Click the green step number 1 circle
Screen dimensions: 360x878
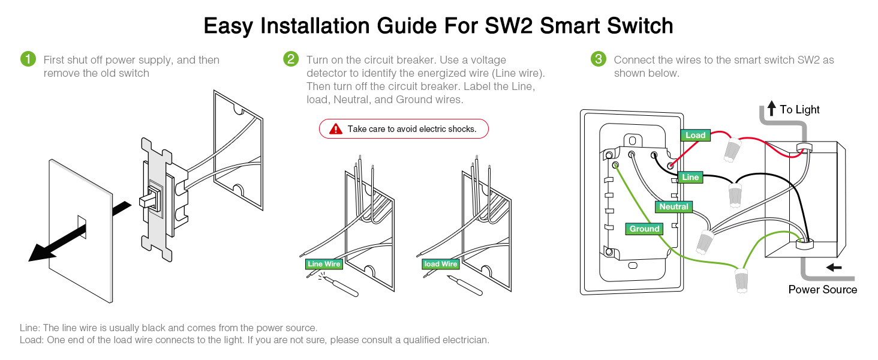click(x=28, y=59)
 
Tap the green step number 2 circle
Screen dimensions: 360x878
click(x=291, y=59)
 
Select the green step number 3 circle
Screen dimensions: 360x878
click(x=599, y=59)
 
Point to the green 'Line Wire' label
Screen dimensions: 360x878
click(x=323, y=264)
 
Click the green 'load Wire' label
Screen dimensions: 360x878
click(x=440, y=264)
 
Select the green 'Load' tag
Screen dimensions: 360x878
click(x=695, y=135)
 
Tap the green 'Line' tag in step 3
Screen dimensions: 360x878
click(x=690, y=177)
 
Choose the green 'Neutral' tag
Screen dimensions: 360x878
click(x=673, y=207)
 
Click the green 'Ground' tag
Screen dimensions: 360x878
click(x=644, y=229)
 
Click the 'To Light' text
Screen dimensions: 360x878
click(x=799, y=110)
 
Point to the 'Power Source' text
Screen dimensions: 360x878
click(x=822, y=290)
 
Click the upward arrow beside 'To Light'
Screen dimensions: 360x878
click(x=771, y=109)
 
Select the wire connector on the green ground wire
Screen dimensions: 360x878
click(x=742, y=281)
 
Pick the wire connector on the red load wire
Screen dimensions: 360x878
click(x=730, y=150)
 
